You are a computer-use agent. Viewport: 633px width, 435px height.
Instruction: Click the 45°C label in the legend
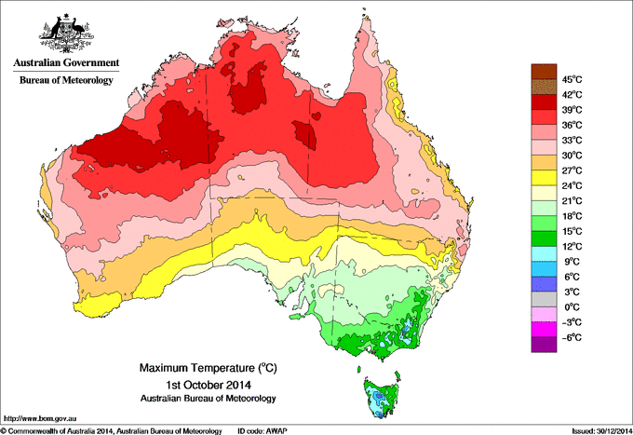point(572,79)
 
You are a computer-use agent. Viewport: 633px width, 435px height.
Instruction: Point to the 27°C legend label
point(572,170)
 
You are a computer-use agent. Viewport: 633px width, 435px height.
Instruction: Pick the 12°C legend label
point(572,246)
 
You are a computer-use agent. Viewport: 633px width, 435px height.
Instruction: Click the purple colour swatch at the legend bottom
point(542,346)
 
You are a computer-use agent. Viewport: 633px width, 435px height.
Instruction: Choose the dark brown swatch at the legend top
point(542,71)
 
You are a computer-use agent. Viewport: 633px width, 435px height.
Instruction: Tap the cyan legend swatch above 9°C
point(542,253)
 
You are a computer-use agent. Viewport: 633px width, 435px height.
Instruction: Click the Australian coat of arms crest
point(65,33)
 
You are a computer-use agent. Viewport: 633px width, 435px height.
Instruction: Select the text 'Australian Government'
point(65,65)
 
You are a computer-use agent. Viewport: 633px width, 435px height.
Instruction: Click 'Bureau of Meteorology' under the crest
point(65,81)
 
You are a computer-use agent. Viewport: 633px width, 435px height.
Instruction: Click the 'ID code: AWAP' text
point(265,430)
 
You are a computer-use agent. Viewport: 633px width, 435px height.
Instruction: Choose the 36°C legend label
point(572,125)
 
